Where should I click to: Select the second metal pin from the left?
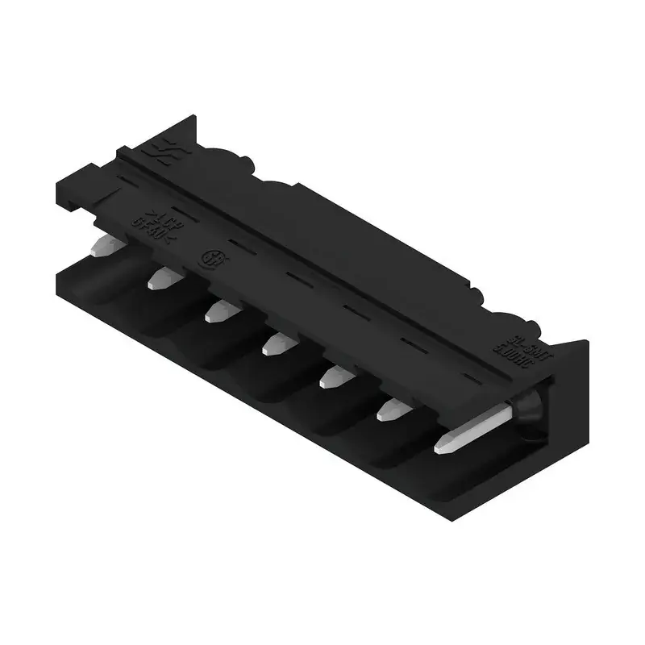click(x=163, y=279)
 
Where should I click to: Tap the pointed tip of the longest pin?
click(x=440, y=445)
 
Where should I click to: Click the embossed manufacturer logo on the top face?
click(x=155, y=149)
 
